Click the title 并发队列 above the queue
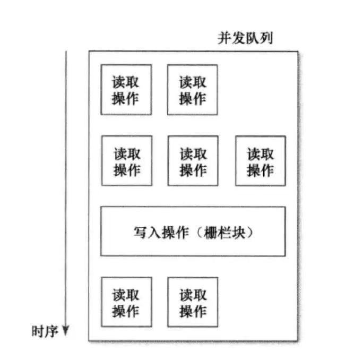click(x=246, y=38)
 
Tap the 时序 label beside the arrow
click(x=45, y=332)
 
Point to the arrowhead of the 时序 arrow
click(x=65, y=332)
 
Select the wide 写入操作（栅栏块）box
click(x=193, y=232)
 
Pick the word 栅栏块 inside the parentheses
click(x=224, y=233)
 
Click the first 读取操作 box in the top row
click(x=126, y=90)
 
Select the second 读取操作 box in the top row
click(x=193, y=90)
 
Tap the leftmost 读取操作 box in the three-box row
click(x=127, y=161)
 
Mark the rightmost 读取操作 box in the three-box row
click(x=260, y=161)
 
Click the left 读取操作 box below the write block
click(x=126, y=302)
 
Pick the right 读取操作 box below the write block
click(x=193, y=302)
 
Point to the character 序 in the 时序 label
click(x=51, y=332)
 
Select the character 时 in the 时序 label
click(x=38, y=332)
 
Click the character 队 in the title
click(x=253, y=38)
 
